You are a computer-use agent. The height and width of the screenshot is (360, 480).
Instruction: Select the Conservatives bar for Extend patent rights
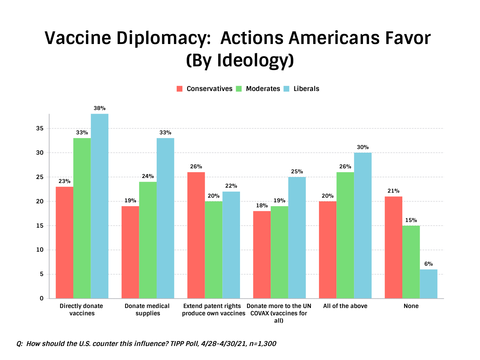point(196,235)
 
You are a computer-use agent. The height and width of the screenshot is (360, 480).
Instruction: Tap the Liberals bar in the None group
point(428,284)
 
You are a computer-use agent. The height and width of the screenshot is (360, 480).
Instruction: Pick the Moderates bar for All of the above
point(345,235)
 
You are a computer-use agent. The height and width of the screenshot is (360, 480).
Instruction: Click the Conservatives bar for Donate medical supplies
point(130,252)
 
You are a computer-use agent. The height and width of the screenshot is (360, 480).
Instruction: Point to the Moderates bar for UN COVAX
point(279,252)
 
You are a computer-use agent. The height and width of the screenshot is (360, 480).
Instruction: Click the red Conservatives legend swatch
point(180,89)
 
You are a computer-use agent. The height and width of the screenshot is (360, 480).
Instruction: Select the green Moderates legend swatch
point(239,89)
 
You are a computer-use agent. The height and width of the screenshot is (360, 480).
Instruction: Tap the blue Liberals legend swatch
point(286,89)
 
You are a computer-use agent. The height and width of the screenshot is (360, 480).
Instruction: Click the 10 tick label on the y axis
point(40,250)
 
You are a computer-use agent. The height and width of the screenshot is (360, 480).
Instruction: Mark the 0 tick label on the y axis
point(42,298)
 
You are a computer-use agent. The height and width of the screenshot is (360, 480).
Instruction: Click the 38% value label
point(99,108)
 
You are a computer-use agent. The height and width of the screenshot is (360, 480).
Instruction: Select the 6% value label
point(428,264)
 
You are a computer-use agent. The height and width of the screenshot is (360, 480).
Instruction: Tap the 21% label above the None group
point(393,191)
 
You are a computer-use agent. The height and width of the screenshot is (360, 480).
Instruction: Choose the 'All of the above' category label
point(345,306)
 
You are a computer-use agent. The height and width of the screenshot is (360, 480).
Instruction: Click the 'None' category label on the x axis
point(411,306)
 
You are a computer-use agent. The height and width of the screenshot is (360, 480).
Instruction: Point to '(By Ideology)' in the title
point(240,60)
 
